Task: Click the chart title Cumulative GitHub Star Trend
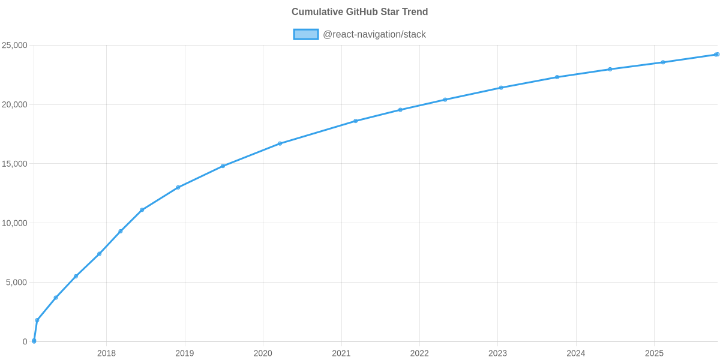pyautogui.click(x=359, y=12)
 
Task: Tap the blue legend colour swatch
pyautogui.click(x=305, y=34)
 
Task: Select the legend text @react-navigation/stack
pyautogui.click(x=374, y=34)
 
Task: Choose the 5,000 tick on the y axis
pyautogui.click(x=17, y=283)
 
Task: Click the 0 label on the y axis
pyautogui.click(x=25, y=342)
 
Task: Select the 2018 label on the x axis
pyautogui.click(x=106, y=353)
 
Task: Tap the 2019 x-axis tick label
pyautogui.click(x=184, y=353)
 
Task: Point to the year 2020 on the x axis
pyautogui.click(x=263, y=353)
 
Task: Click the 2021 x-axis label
pyautogui.click(x=341, y=353)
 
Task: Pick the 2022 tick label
pyautogui.click(x=419, y=353)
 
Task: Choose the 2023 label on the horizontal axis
pyautogui.click(x=497, y=353)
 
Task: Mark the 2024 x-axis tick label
pyautogui.click(x=576, y=353)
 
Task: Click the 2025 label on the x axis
pyautogui.click(x=654, y=353)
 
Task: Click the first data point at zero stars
pyautogui.click(x=34, y=341)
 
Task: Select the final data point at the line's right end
pyautogui.click(x=717, y=55)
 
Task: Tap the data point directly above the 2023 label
pyautogui.click(x=501, y=88)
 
